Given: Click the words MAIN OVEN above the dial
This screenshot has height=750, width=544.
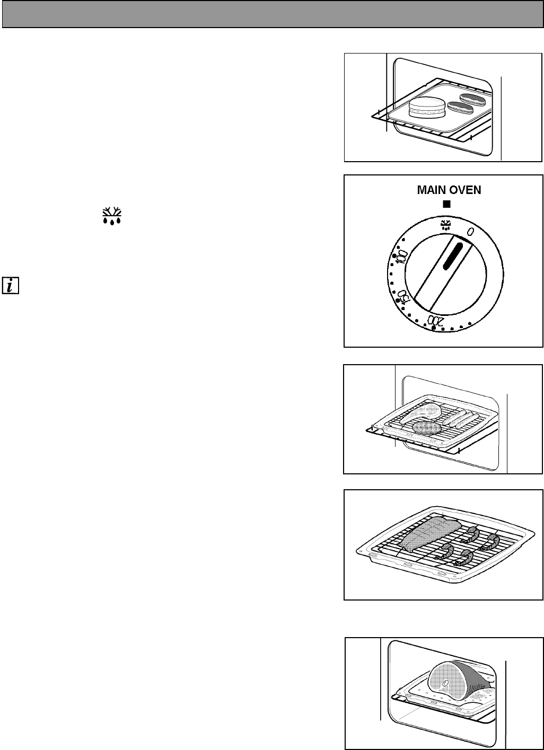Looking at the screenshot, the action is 449,190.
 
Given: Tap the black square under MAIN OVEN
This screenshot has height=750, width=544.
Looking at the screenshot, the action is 446,204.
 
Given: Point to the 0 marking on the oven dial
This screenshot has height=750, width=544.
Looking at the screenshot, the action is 470,232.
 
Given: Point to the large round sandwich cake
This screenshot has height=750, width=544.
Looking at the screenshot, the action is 427,108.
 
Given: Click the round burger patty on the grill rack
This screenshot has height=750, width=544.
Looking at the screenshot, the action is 427,427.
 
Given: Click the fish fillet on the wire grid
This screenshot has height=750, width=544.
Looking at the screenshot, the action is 424,534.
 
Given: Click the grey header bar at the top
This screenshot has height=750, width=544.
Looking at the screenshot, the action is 272,14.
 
